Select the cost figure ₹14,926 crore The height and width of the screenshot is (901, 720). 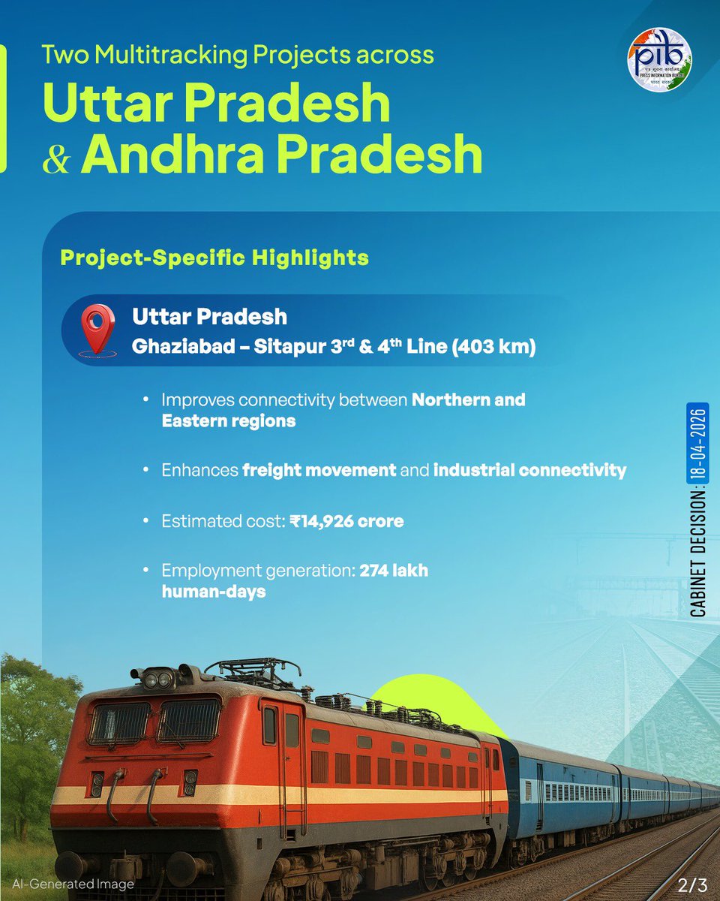pyautogui.click(x=346, y=520)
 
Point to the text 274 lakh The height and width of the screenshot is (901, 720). pyautogui.click(x=394, y=571)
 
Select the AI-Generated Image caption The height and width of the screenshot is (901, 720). pyautogui.click(x=73, y=884)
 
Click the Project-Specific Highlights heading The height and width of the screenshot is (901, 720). pyautogui.click(x=214, y=258)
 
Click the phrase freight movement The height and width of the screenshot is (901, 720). pyautogui.click(x=319, y=471)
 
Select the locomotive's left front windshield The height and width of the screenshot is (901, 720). pyautogui.click(x=120, y=722)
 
